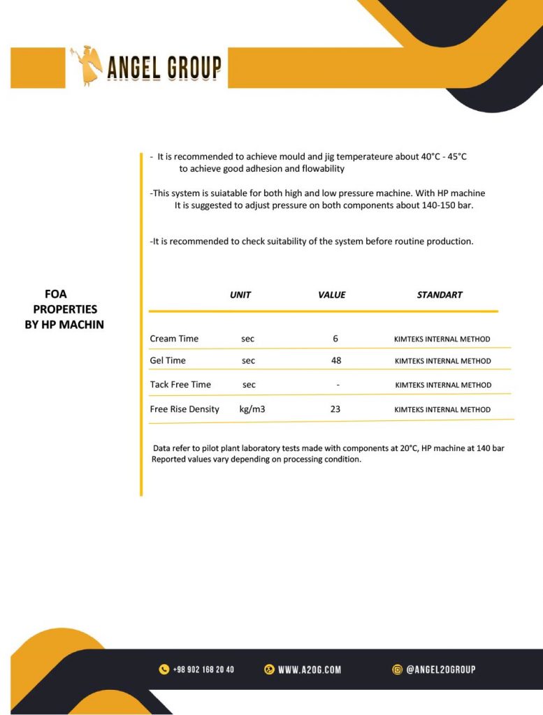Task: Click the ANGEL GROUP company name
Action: coord(164,68)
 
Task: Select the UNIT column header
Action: coord(240,295)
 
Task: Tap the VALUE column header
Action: coord(332,295)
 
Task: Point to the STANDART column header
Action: coord(440,295)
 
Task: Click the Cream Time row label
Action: coord(174,339)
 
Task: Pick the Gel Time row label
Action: coord(168,360)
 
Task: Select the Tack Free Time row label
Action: coord(180,384)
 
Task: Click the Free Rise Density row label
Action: coord(184,409)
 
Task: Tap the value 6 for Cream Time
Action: coord(335,339)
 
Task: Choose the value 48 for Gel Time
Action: coord(336,360)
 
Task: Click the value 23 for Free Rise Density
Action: coord(335,409)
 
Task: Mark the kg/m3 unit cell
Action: coord(252,409)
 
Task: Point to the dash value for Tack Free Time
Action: coord(338,385)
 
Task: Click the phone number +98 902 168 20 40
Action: coord(203,670)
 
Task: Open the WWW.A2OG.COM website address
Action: coord(310,670)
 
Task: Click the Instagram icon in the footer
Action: coord(398,670)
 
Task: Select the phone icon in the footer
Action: coord(164,670)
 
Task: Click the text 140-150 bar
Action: coord(449,205)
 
